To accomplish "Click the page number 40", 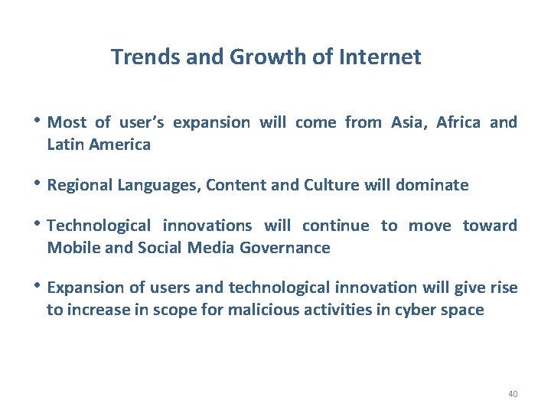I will [512, 394].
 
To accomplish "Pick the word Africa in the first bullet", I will [458, 122].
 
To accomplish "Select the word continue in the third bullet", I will [335, 226].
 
